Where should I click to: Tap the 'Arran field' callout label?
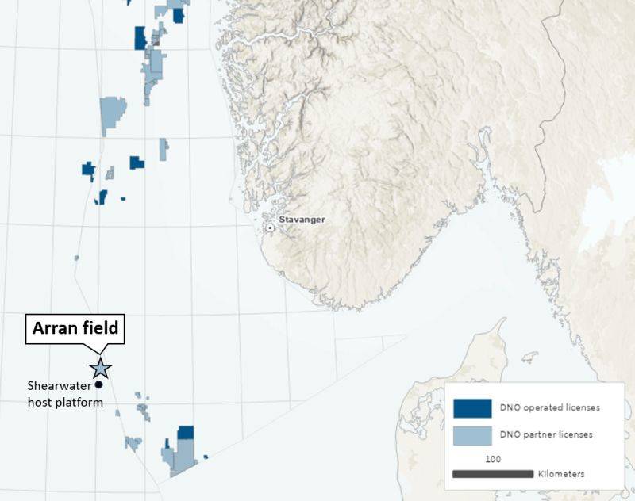click(75, 327)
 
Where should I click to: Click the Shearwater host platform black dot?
click(99, 384)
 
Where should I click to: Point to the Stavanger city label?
click(302, 220)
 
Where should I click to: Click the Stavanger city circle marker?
click(270, 228)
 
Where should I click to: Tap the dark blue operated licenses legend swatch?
click(468, 407)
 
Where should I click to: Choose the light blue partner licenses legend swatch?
click(468, 434)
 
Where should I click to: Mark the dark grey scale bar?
click(491, 474)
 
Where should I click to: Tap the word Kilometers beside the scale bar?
click(561, 474)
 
